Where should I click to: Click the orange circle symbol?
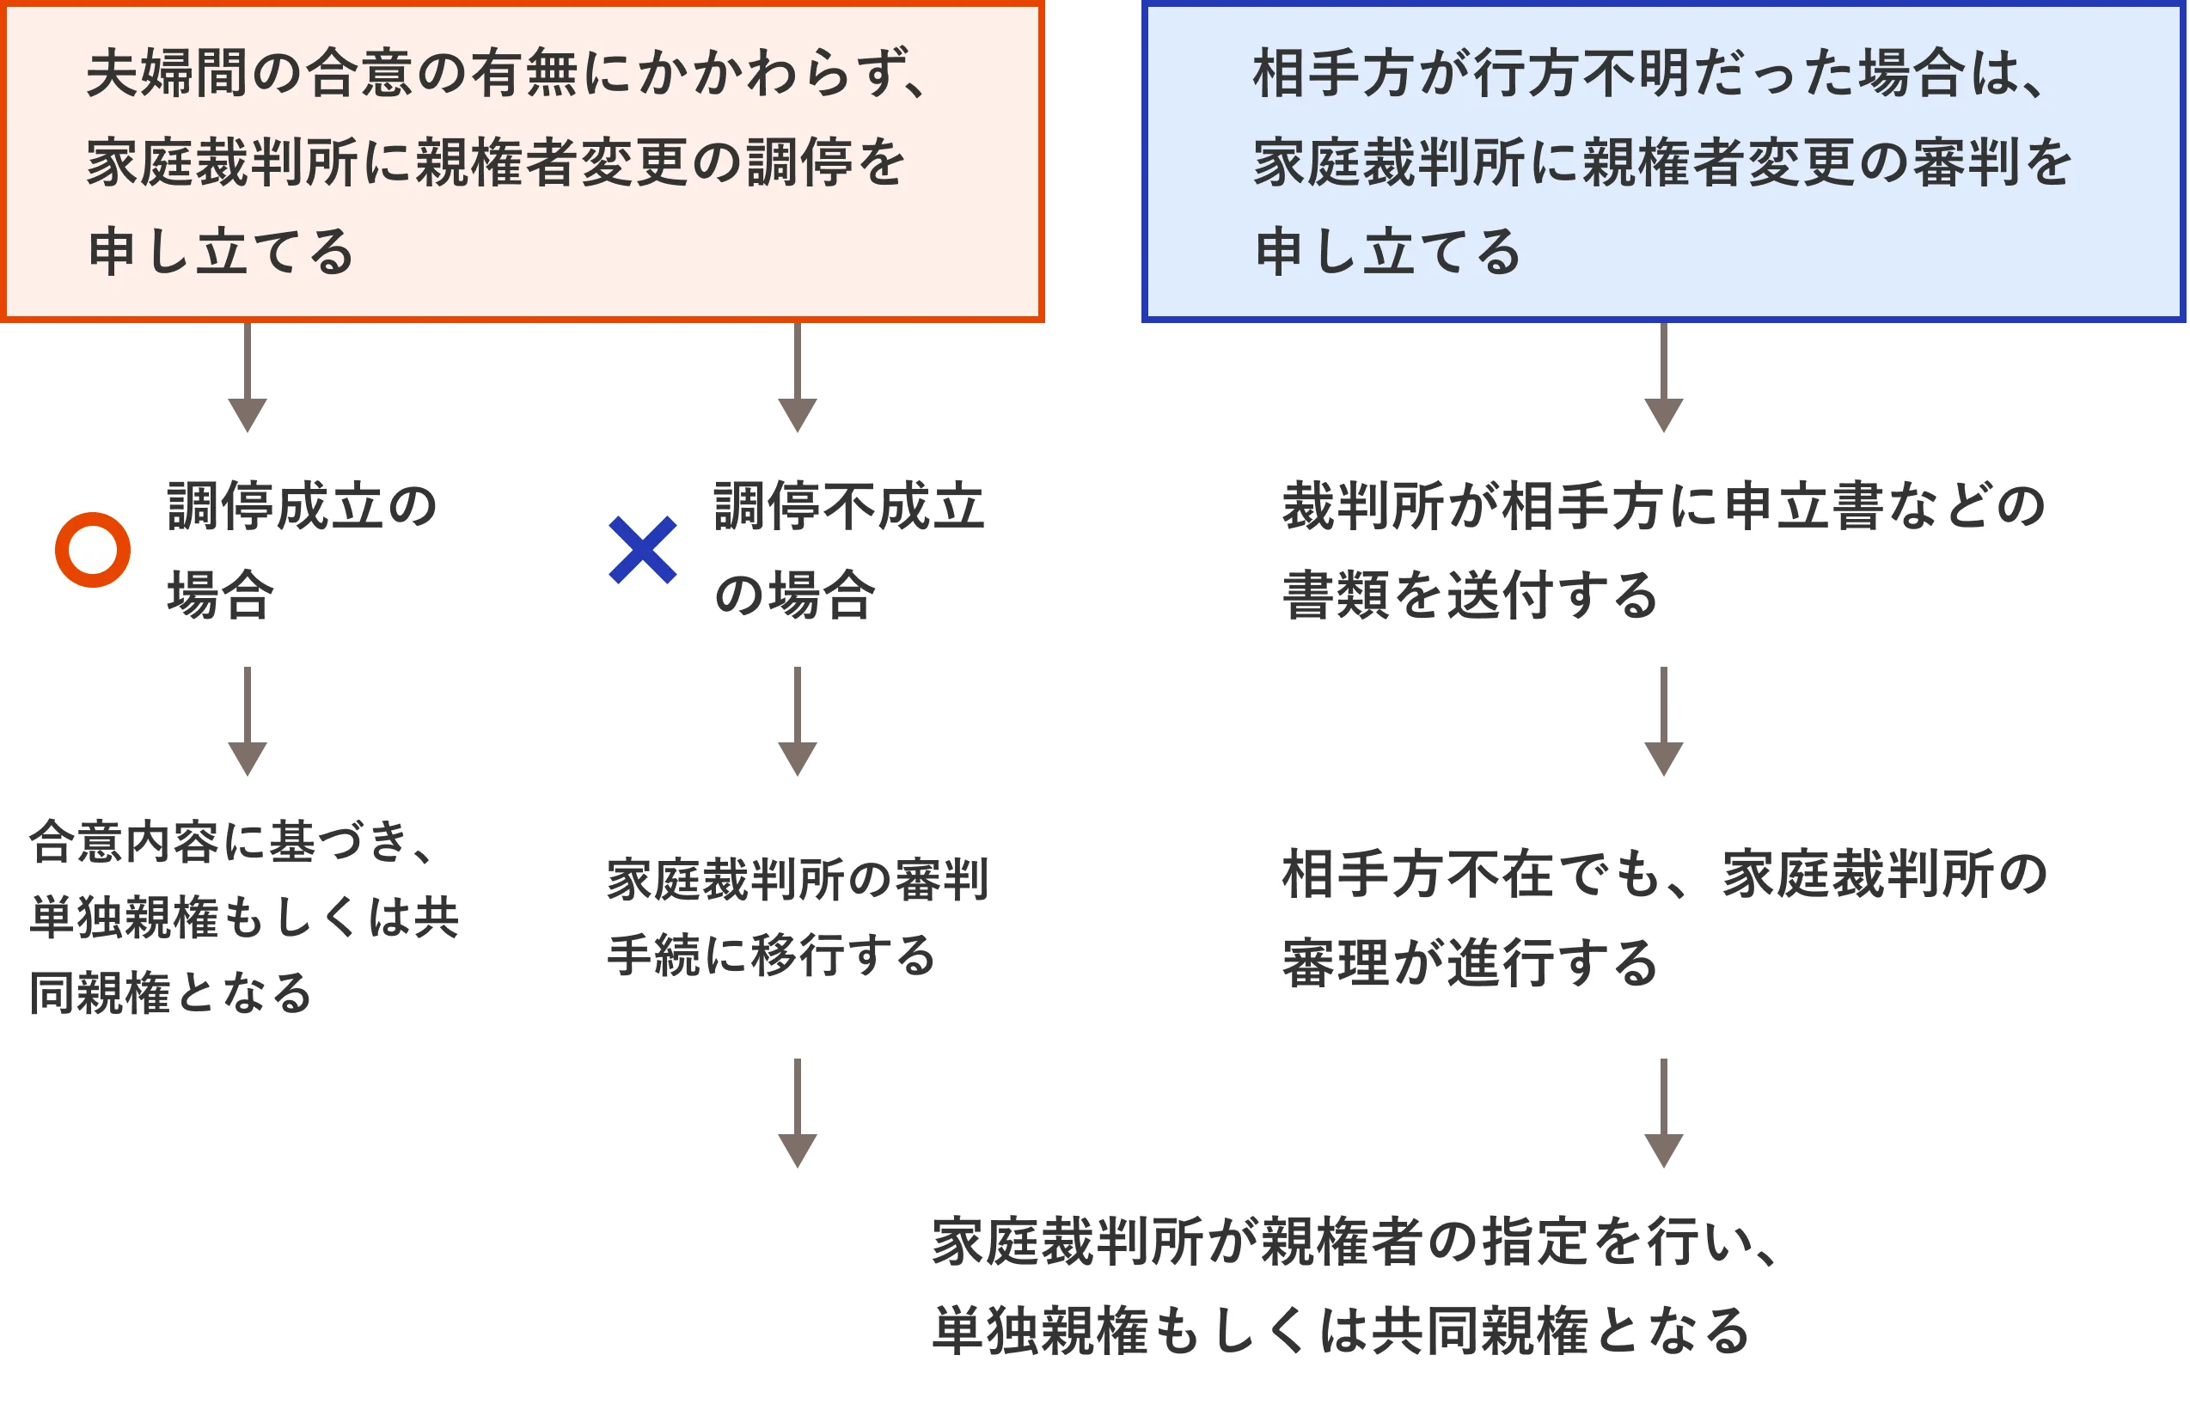coord(93,550)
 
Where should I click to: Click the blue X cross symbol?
coord(643,550)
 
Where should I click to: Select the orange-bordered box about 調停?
coord(522,162)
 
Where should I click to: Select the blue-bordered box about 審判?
coord(1664,162)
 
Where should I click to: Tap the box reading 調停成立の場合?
coord(247,550)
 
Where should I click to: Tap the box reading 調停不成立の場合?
coord(797,550)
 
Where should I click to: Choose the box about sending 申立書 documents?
coord(1664,550)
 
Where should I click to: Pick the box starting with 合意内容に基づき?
coord(247,917)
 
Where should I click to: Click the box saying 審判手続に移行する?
coord(797,917)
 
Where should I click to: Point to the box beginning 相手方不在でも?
coord(1664,917)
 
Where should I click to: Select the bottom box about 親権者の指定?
coord(1367,1285)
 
